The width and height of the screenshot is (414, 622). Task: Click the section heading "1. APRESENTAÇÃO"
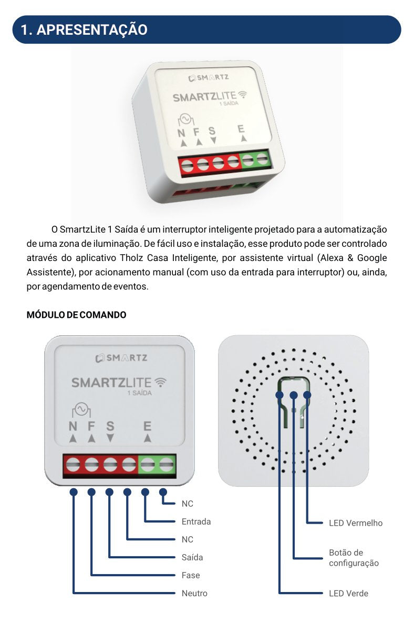84,29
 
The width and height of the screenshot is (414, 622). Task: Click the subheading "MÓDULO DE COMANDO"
76,315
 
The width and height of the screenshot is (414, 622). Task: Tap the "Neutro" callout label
194,593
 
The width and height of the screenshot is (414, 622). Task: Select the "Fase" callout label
191,575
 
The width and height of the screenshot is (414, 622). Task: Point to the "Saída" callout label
192,557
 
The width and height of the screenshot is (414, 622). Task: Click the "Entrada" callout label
196,521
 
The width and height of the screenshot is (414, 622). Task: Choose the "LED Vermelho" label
356,523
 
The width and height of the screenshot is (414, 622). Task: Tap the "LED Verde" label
348,593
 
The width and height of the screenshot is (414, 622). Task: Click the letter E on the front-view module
148,427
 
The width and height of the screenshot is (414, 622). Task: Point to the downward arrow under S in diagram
110,438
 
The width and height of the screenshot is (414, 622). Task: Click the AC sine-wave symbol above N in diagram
81,408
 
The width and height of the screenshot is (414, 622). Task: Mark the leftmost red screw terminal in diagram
73,465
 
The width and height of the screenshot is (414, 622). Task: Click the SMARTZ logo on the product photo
209,77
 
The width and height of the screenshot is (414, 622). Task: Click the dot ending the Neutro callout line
74,492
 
